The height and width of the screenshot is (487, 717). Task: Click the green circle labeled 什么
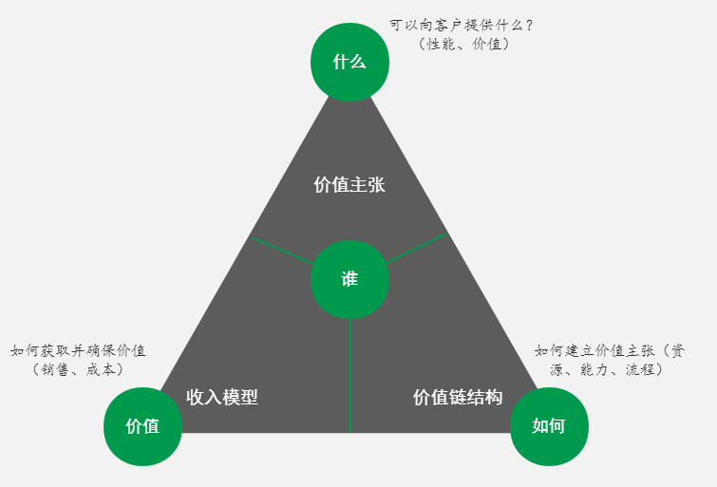coord(349,63)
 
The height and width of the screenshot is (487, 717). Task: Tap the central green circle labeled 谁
coord(349,279)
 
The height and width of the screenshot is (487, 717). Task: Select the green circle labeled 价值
coord(142,426)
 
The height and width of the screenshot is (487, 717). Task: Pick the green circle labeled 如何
coord(549,426)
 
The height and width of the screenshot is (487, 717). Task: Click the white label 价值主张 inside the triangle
coord(349,185)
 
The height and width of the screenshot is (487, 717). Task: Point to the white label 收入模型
coord(222,397)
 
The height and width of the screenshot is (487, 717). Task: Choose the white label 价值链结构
coord(458,397)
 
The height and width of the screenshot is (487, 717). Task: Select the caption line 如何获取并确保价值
coord(78,350)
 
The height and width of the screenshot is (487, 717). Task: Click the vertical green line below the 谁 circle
coord(350,375)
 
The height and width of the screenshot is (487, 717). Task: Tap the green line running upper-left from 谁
coord(282,251)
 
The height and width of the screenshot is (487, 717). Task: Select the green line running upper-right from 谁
coord(418,248)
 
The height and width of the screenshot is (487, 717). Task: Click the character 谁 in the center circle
coord(349,279)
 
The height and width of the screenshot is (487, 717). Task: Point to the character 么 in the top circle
coord(357,63)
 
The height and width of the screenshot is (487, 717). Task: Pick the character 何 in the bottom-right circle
coord(557,426)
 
